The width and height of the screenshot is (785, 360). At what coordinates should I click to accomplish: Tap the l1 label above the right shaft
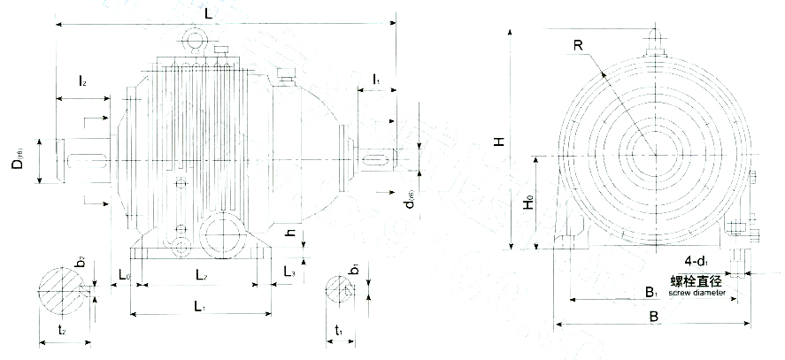(377, 80)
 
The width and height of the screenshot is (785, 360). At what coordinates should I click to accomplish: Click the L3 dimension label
(289, 271)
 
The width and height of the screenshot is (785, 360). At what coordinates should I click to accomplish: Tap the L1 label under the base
(199, 306)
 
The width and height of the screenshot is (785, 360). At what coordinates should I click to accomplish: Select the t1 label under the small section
(339, 331)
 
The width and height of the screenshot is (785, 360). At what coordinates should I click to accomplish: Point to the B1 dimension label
(650, 291)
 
